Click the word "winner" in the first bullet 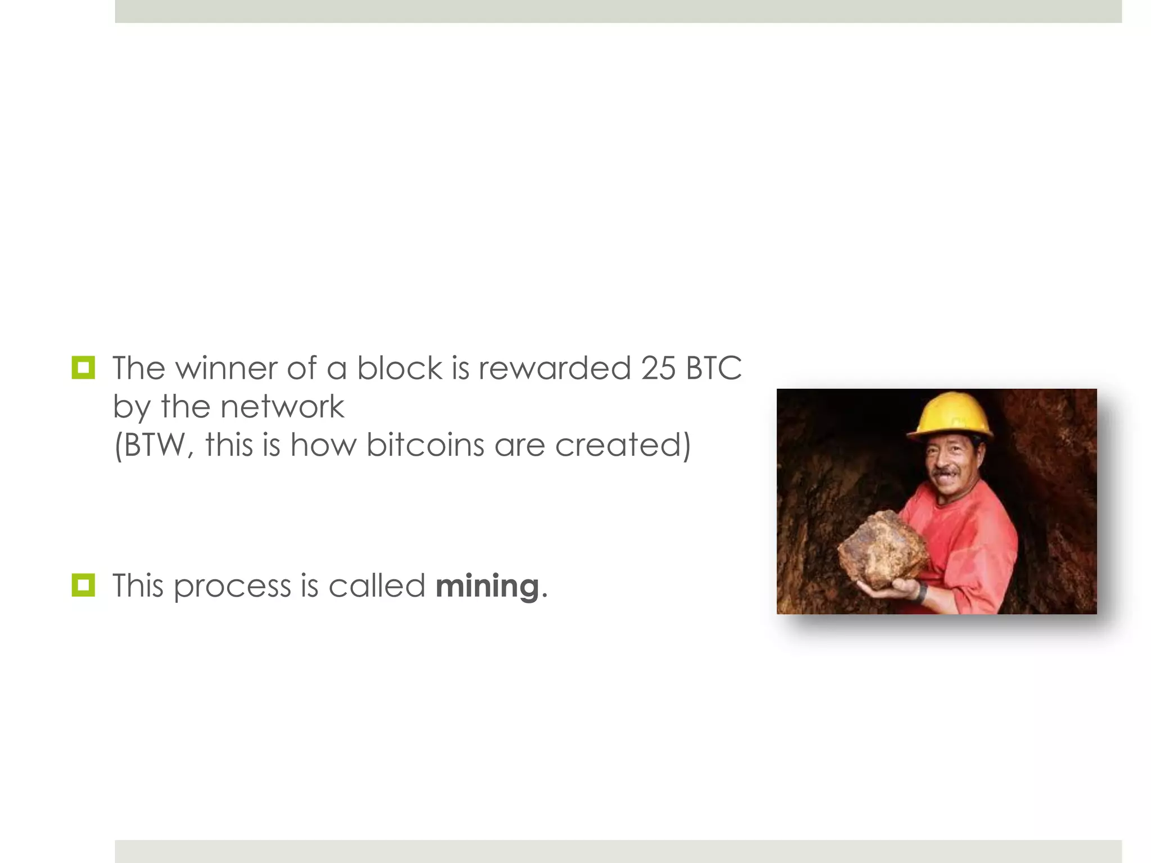226,369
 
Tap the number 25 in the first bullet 658,369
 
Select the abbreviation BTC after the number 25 714,369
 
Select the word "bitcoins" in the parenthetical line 425,446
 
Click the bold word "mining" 487,587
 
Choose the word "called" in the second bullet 377,586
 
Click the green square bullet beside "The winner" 83,368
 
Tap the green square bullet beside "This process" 83,585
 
